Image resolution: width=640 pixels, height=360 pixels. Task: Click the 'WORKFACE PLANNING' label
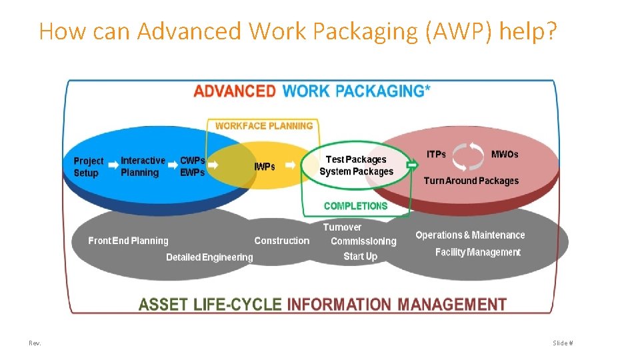(264, 125)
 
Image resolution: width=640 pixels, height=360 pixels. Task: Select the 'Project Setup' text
(89, 167)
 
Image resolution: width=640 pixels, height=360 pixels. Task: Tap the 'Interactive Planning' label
(143, 167)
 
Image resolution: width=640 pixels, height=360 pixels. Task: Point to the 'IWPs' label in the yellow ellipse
(264, 167)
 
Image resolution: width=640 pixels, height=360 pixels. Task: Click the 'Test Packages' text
(356, 159)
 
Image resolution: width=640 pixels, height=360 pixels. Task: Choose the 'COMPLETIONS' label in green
(355, 206)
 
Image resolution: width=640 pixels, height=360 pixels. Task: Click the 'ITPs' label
(436, 155)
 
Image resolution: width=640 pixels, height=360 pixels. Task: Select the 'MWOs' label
(504, 155)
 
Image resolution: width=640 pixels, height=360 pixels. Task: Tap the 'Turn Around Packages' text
(471, 181)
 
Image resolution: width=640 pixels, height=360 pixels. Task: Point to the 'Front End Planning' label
(128, 241)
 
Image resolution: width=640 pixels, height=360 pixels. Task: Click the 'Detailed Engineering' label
(209, 257)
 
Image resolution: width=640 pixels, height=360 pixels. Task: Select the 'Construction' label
(281, 241)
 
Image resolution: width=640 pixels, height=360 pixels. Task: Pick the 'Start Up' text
(360, 256)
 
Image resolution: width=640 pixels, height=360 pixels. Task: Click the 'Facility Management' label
(477, 252)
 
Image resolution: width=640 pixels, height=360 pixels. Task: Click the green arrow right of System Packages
(412, 164)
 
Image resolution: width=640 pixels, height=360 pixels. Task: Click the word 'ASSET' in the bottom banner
(163, 305)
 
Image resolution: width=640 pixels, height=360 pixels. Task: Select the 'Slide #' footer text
(562, 343)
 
